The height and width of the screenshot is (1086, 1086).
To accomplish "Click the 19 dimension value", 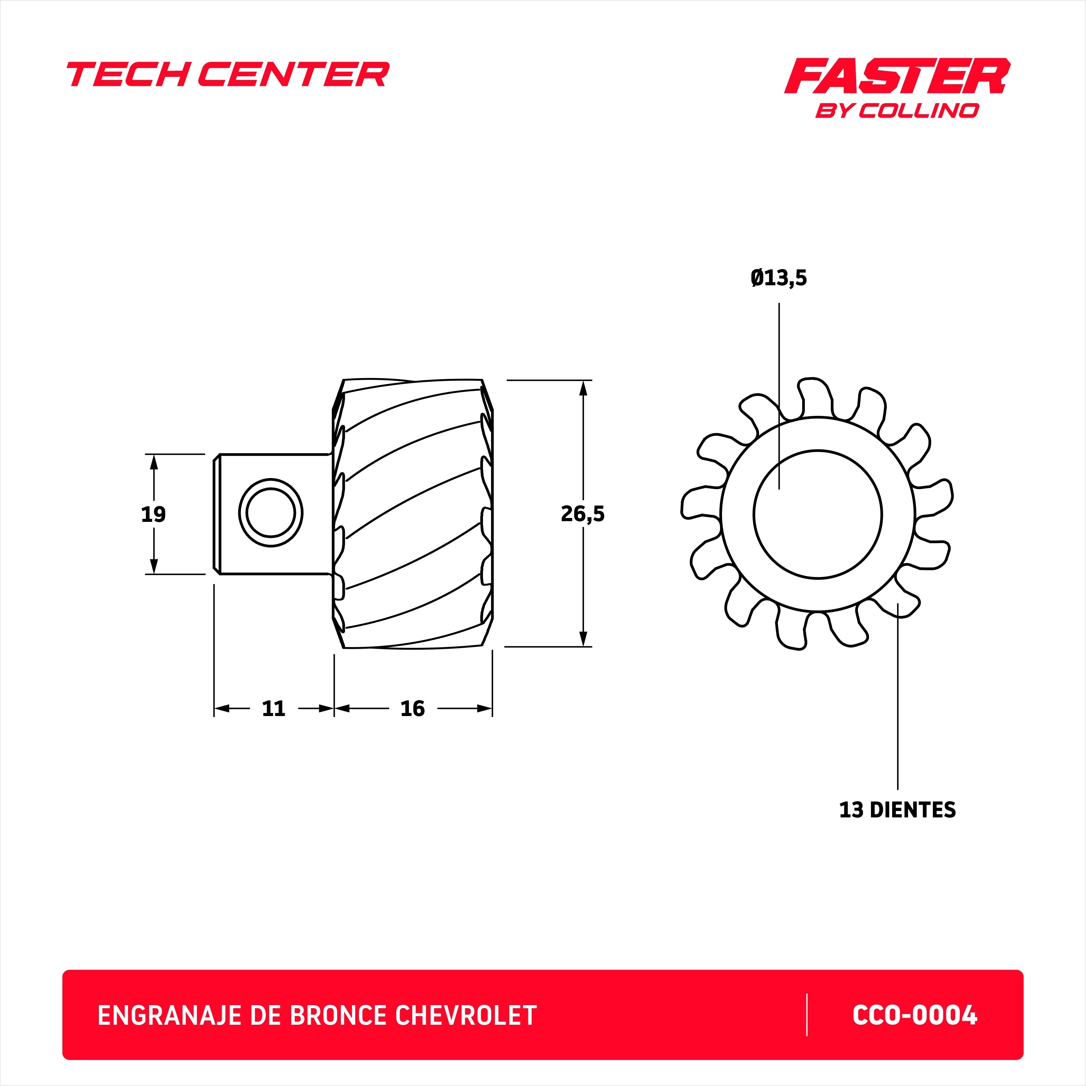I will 153,514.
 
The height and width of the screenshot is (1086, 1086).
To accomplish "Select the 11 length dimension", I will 274,709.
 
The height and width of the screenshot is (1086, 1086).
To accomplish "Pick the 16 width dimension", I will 413,709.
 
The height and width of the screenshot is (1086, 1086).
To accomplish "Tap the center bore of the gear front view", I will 818,514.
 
